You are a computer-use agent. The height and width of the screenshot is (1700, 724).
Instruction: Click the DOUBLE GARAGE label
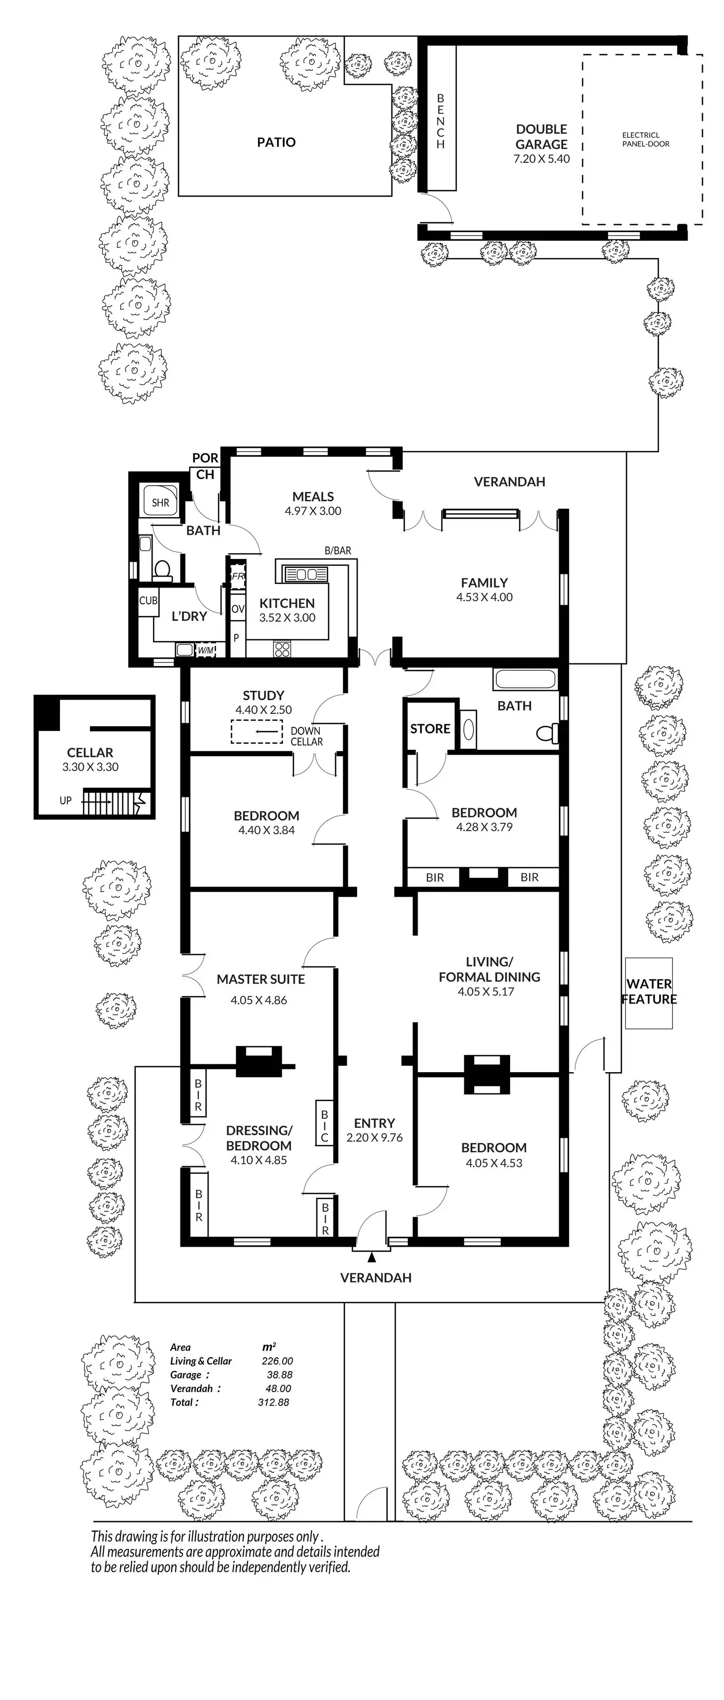(541, 137)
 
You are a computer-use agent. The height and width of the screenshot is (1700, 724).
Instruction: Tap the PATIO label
(276, 142)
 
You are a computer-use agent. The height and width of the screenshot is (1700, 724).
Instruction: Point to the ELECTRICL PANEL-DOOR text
(645, 139)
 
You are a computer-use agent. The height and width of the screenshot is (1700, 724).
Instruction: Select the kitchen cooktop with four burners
(282, 649)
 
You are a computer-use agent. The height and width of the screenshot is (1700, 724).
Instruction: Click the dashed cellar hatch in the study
(257, 733)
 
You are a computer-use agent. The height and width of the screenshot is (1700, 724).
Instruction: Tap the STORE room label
(430, 729)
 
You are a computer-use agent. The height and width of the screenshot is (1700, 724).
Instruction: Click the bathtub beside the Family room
(525, 679)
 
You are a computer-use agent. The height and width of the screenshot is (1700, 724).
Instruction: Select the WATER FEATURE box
(649, 993)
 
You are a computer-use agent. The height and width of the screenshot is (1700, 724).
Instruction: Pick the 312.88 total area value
(273, 1403)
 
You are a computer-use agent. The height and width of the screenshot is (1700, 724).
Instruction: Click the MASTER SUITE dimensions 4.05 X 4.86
(259, 1000)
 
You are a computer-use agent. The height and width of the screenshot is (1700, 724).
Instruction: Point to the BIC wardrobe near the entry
(325, 1123)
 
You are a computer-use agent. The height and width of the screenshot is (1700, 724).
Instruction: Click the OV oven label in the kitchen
(238, 609)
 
